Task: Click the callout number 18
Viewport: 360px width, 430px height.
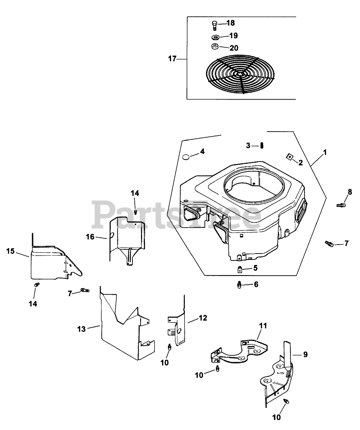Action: (231, 23)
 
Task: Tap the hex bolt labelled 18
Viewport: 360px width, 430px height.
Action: (214, 25)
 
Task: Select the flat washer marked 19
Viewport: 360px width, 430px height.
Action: (215, 37)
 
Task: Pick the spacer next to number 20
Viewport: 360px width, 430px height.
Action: (215, 47)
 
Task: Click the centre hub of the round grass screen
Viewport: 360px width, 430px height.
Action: (240, 74)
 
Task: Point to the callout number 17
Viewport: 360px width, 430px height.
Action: (172, 59)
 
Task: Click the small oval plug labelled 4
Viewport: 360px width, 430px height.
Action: (186, 157)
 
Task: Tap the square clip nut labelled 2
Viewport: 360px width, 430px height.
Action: (289, 157)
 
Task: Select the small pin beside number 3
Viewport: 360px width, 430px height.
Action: (262, 145)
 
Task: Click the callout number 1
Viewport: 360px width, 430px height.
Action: (325, 153)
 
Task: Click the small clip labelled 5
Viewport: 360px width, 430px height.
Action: (240, 269)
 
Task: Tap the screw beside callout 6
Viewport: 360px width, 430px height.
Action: (239, 285)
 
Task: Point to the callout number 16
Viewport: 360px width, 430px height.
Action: (90, 237)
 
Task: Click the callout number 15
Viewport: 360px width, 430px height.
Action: (10, 251)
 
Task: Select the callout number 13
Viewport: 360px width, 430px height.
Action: (81, 329)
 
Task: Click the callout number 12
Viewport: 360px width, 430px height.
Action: (203, 318)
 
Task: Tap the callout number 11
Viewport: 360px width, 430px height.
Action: (263, 326)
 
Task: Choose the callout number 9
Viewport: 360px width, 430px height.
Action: (306, 355)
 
